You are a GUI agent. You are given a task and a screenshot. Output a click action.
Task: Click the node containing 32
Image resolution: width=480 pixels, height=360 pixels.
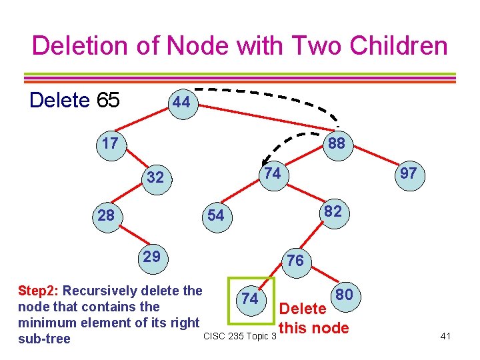coord(155,177)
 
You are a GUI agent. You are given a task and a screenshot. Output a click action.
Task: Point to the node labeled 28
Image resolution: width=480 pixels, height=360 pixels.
coord(105,215)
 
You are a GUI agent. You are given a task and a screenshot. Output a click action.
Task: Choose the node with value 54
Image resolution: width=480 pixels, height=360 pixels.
coord(215,215)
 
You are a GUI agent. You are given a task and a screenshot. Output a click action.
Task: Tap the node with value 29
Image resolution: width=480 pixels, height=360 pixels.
coord(151,257)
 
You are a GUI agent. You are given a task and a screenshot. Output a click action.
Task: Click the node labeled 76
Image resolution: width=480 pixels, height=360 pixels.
coord(295,261)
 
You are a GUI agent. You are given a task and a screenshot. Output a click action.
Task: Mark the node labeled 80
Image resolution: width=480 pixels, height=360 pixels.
coord(345,295)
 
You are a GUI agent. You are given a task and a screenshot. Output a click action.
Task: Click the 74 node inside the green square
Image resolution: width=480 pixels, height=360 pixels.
coord(250,298)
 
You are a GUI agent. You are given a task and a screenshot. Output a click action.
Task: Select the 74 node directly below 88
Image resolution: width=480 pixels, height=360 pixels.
coord(271,173)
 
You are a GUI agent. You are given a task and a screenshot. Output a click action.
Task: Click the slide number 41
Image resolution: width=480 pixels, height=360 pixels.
coord(446,336)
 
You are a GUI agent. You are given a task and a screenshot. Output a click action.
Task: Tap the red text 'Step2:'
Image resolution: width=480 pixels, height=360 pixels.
coord(39,291)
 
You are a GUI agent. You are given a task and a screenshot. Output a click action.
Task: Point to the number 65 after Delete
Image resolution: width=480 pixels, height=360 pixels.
coord(108,100)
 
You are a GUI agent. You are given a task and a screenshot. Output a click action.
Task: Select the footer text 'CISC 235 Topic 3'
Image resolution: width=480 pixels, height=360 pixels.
coord(239,335)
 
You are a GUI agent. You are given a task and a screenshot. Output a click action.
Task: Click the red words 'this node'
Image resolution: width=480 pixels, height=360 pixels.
coord(315,327)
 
